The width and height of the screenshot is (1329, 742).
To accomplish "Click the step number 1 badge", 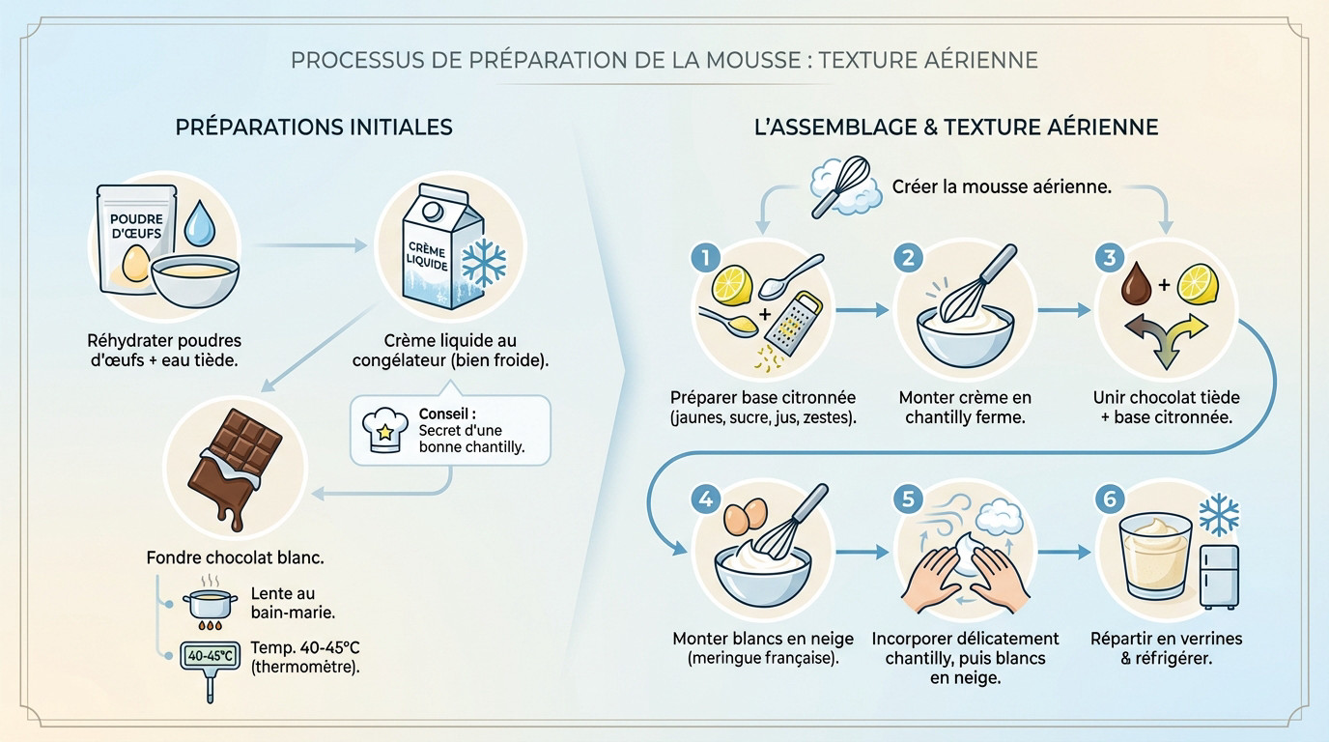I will click(x=706, y=258).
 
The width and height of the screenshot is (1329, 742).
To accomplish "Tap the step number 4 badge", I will click(x=706, y=499).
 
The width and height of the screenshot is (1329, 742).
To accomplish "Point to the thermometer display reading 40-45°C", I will click(x=208, y=657).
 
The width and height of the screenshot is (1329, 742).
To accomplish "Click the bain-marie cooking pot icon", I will click(x=209, y=606).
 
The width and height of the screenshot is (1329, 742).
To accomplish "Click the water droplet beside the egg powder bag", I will click(x=200, y=223).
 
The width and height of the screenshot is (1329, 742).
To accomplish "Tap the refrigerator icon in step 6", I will click(x=1218, y=576).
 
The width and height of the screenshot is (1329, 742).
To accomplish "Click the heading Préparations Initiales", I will click(x=313, y=128).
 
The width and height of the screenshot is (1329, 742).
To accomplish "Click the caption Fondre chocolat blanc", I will click(x=235, y=557).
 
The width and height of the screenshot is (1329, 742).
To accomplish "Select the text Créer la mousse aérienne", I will click(x=1001, y=186).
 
